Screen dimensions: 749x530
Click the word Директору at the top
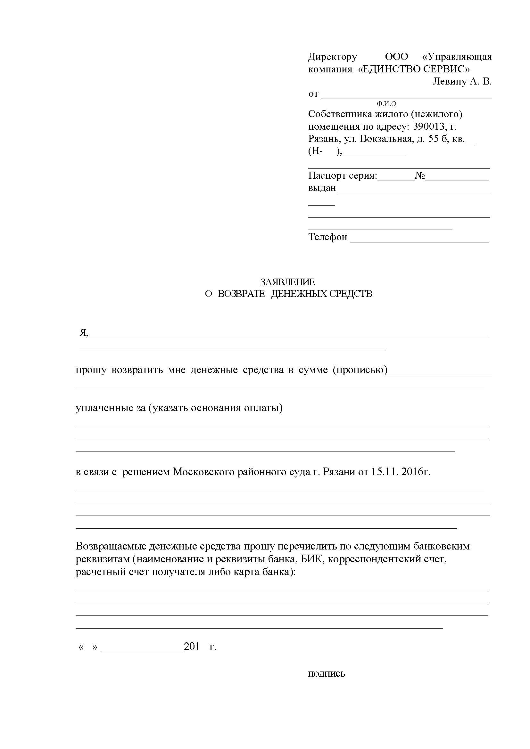tap(332, 57)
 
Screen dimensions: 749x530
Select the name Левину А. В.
tap(461, 81)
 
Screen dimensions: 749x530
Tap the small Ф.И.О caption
tap(386, 104)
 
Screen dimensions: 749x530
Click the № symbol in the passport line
tap(420, 176)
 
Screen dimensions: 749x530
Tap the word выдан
tap(322, 188)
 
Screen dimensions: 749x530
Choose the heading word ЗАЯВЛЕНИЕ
tap(287, 282)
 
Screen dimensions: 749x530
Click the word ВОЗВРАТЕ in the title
tap(241, 294)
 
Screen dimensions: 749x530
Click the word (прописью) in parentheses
tap(360, 370)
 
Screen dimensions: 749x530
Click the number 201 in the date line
tap(192, 647)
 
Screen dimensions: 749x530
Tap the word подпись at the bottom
tap(326, 674)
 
